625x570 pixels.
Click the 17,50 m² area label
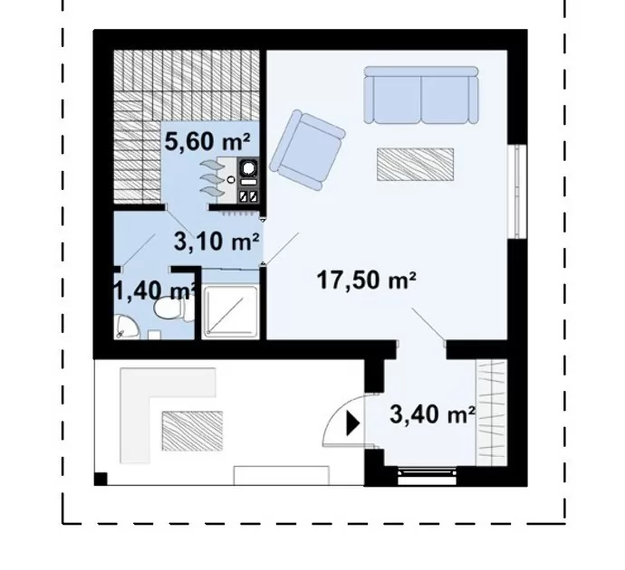coord(366,280)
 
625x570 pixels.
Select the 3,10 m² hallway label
coord(216,242)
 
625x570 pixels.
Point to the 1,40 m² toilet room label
coord(156,291)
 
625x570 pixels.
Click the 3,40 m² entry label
coord(432,414)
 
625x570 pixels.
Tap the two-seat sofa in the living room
coord(421,95)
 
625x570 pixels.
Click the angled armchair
coord(307,149)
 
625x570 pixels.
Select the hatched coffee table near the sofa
coord(416,164)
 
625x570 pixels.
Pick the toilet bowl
coord(171,309)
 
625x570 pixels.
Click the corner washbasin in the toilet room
coord(125,328)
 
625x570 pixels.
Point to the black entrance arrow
coord(352,424)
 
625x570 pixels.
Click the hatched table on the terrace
coord(192,431)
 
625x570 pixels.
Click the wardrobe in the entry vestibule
coord(492,413)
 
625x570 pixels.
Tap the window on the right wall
coord(517,192)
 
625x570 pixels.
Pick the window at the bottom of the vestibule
coord(428,476)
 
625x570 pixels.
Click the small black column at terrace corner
coord(101,479)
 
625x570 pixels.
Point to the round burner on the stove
coord(249,168)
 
